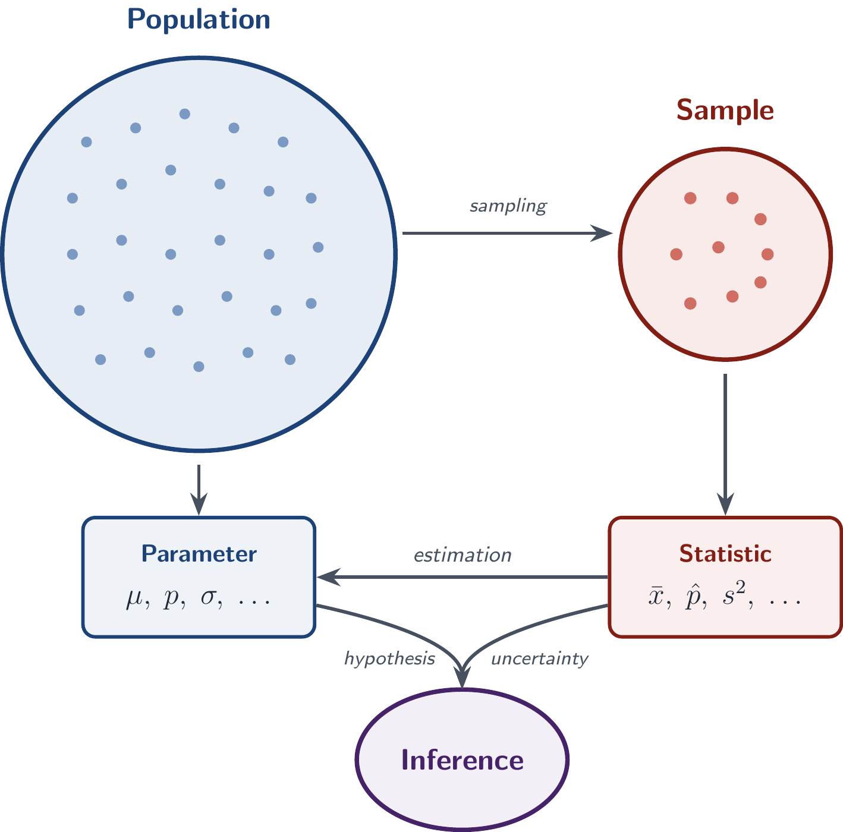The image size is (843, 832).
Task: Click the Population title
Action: pyautogui.click(x=199, y=20)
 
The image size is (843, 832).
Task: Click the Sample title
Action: pyautogui.click(x=725, y=110)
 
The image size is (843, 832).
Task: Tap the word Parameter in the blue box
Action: pyautogui.click(x=199, y=554)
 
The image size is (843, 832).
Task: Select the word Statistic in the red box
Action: pyautogui.click(x=725, y=554)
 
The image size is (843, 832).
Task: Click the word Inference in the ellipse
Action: pyautogui.click(x=462, y=760)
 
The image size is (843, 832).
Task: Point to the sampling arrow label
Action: pyautogui.click(x=508, y=206)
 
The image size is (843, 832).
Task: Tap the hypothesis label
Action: pyautogui.click(x=389, y=659)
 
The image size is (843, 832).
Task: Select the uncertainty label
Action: pyautogui.click(x=539, y=659)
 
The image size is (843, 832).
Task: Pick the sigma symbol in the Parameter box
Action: pyautogui.click(x=209, y=597)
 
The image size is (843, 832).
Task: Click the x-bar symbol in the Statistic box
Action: pyautogui.click(x=656, y=596)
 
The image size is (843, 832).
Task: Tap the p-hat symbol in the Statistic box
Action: pyautogui.click(x=693, y=596)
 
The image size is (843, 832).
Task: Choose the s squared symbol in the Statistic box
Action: pyautogui.click(x=734, y=593)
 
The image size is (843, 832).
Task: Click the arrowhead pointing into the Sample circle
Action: pyautogui.click(x=602, y=233)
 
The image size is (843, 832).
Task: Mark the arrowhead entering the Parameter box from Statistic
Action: pyautogui.click(x=329, y=577)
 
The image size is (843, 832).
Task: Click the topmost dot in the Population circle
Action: pyautogui.click(x=185, y=114)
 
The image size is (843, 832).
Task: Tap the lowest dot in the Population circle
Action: pyautogui.click(x=199, y=367)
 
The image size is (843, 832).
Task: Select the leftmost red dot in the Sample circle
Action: pyautogui.click(x=676, y=254)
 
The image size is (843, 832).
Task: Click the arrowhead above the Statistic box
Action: pyautogui.click(x=725, y=504)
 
